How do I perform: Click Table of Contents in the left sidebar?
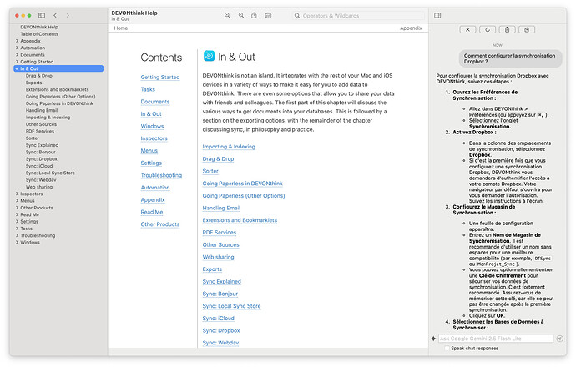[39, 33]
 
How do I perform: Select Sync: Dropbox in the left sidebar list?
[42, 158]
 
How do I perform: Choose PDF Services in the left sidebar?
[40, 131]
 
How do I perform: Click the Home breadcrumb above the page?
[121, 28]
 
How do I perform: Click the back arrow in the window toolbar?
[55, 15]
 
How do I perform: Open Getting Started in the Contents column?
[159, 77]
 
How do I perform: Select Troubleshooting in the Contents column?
[161, 175]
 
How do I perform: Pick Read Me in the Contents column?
[152, 212]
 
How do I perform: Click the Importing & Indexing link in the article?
[229, 147]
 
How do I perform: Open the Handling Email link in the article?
[221, 208]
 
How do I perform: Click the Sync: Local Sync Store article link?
[231, 306]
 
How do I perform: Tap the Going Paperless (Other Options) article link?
[244, 196]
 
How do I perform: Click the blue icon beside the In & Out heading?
[209, 57]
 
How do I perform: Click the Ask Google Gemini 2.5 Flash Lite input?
[495, 339]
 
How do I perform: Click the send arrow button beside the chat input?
[561, 339]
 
